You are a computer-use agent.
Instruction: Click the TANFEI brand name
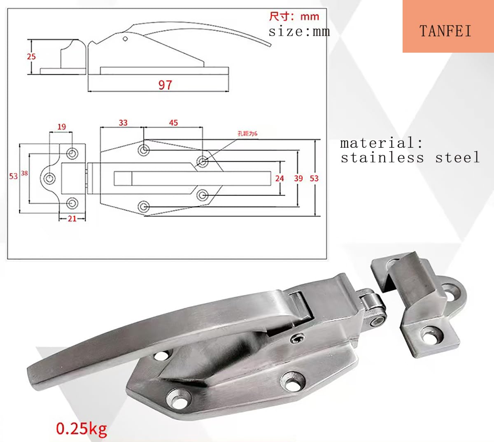tap(445, 31)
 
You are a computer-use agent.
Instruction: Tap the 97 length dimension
tap(165, 85)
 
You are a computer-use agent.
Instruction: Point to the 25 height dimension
tap(31, 56)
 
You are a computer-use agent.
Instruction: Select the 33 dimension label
tap(123, 123)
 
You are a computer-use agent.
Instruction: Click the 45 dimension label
tap(173, 123)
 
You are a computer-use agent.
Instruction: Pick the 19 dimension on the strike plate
tap(61, 127)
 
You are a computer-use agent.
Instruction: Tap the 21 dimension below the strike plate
tap(72, 219)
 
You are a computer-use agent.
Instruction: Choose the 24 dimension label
tap(280, 178)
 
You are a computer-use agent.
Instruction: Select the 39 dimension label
tap(298, 178)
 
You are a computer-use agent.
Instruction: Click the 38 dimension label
tap(24, 173)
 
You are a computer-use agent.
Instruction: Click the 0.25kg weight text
tap(82, 428)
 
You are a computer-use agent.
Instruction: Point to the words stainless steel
tap(410, 158)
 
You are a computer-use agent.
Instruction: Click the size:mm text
tap(299, 31)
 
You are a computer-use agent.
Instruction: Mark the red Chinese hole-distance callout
tap(247, 133)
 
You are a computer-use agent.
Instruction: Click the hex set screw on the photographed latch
tap(296, 339)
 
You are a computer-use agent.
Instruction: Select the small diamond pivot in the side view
tap(125, 39)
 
